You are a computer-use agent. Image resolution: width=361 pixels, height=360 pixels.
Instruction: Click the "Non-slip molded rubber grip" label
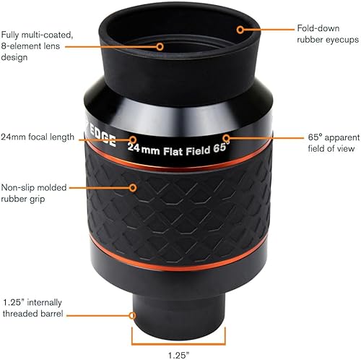pos(36,194)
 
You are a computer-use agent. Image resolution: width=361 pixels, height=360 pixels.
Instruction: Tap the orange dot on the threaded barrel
pos(132,315)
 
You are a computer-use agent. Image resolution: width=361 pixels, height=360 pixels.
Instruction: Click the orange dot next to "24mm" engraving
pos(134,139)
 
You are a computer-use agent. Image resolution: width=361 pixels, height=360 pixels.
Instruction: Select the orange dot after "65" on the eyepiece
pos(226,137)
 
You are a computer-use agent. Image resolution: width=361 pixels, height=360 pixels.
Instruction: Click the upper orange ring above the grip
pos(180,158)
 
